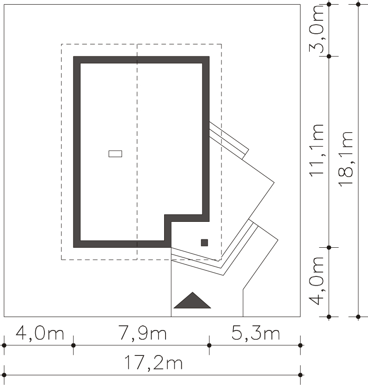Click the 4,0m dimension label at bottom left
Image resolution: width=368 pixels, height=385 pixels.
(x=40, y=333)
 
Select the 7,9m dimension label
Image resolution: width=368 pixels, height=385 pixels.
(x=142, y=333)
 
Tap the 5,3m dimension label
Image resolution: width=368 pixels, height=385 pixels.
(x=256, y=333)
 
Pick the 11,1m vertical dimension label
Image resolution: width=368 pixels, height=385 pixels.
(x=317, y=150)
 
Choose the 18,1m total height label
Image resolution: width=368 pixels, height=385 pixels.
(x=346, y=159)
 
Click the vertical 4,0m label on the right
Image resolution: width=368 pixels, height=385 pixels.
(x=317, y=281)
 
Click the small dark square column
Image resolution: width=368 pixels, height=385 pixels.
(x=204, y=243)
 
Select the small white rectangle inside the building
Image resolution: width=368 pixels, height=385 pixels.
(x=115, y=154)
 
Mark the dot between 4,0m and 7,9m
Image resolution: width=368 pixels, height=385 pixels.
(x=73, y=345)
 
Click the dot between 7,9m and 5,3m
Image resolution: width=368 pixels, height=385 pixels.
(x=209, y=345)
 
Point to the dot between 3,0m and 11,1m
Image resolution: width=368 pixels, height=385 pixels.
(x=329, y=56)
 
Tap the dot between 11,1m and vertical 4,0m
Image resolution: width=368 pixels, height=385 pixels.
(x=329, y=248)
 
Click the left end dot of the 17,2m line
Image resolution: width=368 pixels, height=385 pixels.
(x=4, y=375)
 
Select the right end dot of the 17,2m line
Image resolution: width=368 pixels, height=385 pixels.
(x=300, y=375)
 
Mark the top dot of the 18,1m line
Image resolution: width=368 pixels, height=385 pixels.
(x=358, y=5)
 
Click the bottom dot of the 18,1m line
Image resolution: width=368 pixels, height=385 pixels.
(x=358, y=317)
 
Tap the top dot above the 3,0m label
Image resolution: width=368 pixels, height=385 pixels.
(x=329, y=5)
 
